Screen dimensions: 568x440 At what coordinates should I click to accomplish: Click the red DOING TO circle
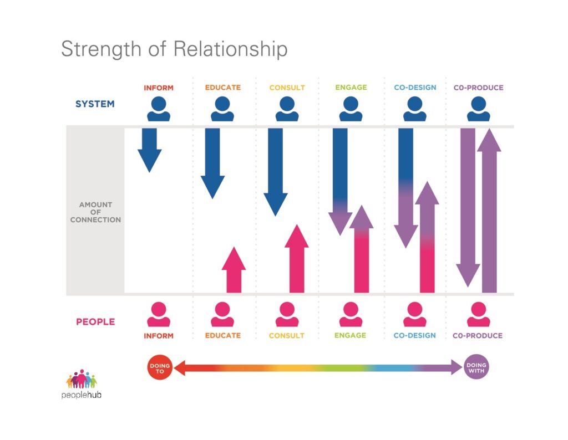pos(160,367)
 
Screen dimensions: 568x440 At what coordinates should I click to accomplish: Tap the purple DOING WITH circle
pos(476,367)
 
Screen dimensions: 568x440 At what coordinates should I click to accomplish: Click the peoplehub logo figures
pos(82,379)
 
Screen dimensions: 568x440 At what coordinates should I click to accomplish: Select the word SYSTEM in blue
pos(95,104)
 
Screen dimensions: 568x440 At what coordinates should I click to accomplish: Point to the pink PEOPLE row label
pos(95,321)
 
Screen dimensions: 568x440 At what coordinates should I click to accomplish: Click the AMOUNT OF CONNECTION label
pos(95,212)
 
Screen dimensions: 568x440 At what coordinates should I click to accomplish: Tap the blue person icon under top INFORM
pos(159,109)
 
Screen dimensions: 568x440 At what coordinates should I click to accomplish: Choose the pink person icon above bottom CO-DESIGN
pos(415,314)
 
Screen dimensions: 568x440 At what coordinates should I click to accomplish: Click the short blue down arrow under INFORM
pos(150,150)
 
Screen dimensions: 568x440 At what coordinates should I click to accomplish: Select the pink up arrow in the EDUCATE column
pos(234,270)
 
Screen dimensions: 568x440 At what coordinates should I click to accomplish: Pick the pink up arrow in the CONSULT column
pos(297,259)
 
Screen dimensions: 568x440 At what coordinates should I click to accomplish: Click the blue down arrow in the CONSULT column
pos(276,172)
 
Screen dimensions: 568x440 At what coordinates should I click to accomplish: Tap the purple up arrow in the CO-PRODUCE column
pos(489,211)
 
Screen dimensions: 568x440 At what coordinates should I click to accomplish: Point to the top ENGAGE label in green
pos(351,87)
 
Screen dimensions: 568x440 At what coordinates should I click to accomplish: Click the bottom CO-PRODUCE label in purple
pos(478,335)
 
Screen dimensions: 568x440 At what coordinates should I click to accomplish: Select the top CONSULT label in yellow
pos(287,88)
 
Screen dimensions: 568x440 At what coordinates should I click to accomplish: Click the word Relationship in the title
pos(230,49)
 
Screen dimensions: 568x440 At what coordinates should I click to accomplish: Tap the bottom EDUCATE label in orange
pos(223,335)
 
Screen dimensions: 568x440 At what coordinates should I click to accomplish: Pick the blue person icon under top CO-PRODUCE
pos(479,109)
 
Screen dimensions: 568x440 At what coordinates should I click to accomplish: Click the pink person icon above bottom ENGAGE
pos(351,314)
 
